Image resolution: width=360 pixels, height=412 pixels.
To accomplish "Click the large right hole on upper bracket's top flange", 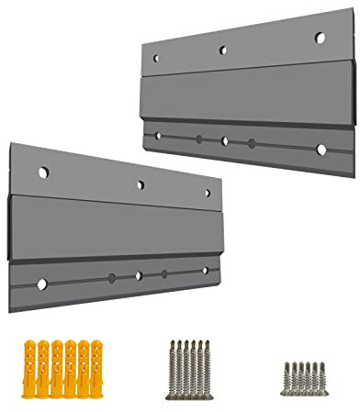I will click(x=321, y=38).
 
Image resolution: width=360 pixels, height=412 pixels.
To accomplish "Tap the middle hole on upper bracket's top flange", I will click(x=222, y=51).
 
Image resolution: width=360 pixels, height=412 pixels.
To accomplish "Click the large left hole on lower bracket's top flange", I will click(x=40, y=171).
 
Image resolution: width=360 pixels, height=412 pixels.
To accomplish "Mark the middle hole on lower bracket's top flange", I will click(x=140, y=184).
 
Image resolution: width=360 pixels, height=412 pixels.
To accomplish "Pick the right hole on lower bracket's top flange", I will click(x=208, y=193).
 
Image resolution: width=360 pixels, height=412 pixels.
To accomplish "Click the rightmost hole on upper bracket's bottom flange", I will click(x=321, y=149).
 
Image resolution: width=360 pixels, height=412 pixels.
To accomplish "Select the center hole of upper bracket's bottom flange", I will click(x=225, y=141).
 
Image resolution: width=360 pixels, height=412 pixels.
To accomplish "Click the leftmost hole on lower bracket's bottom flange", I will click(x=40, y=283).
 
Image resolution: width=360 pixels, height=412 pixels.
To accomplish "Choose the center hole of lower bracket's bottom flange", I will click(x=139, y=275).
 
